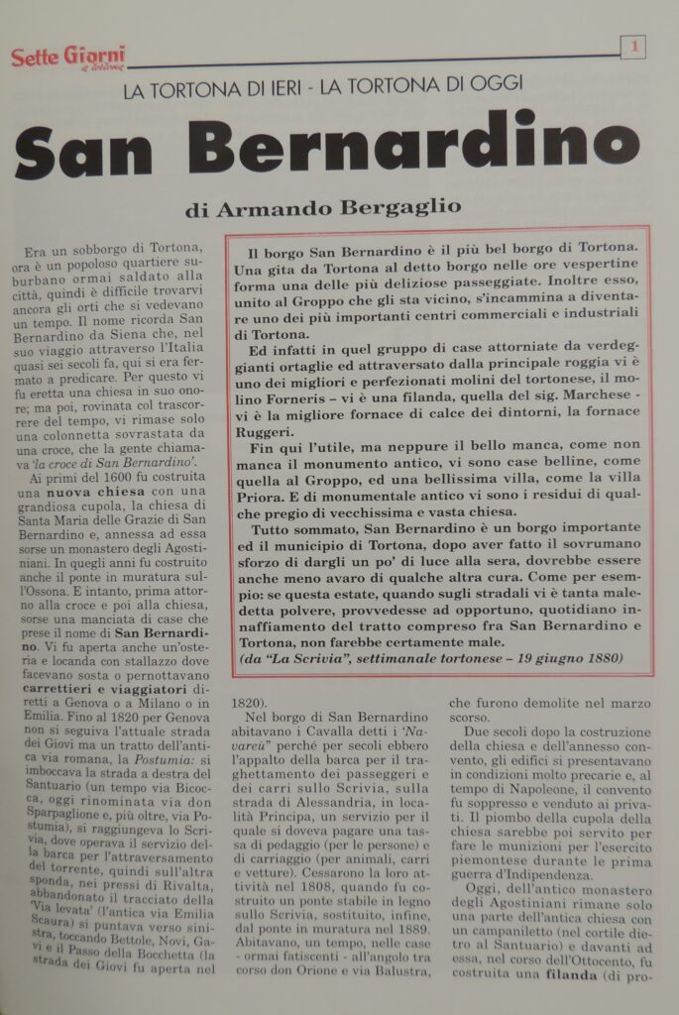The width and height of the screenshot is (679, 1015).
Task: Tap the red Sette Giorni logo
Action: click(67, 56)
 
